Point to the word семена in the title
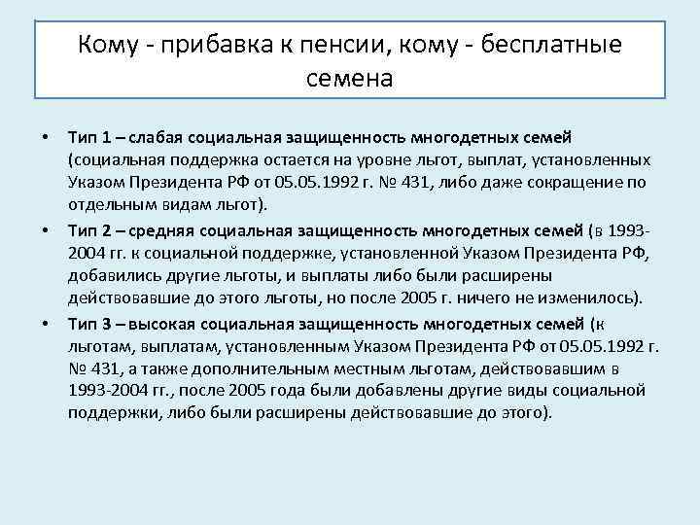point(349,78)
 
